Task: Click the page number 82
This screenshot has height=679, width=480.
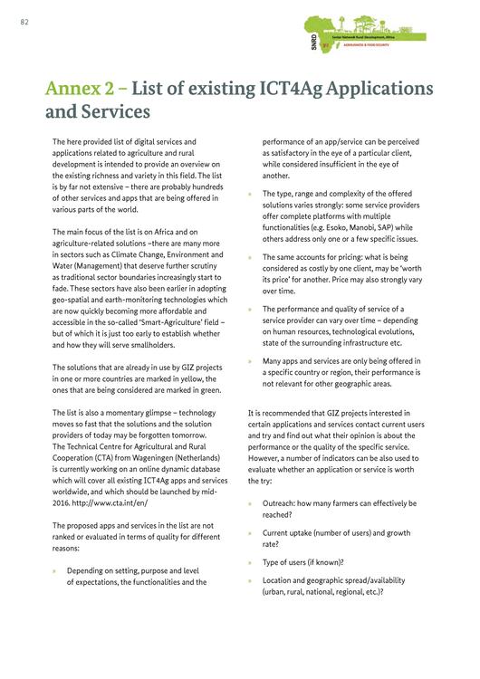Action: click(x=24, y=22)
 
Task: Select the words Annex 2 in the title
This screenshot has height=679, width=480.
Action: click(x=83, y=89)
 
